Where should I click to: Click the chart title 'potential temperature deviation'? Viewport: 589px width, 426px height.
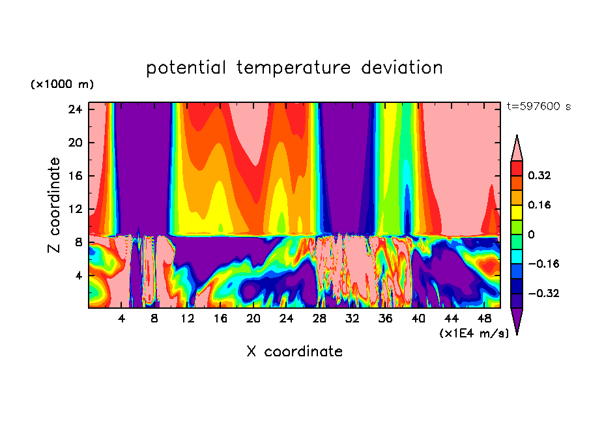coord(294,68)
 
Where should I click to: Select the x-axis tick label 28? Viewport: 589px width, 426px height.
coord(319,319)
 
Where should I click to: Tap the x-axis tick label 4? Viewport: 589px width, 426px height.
coord(121,319)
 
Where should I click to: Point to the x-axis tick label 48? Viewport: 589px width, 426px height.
coord(484,319)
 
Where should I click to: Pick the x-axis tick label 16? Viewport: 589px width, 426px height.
coord(220,319)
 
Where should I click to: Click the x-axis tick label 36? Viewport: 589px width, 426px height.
coord(385,319)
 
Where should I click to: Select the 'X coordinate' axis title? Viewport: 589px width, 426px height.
coord(294,352)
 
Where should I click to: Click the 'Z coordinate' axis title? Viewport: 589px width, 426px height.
coord(55,205)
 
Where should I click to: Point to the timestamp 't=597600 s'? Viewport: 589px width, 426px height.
coord(538,106)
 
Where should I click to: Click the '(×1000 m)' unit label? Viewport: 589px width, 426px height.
coord(62,85)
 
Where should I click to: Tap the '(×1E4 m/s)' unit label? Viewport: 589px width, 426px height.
coord(474,334)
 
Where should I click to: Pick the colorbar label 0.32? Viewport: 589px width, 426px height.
coord(541,175)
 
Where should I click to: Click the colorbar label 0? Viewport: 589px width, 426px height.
coord(532,234)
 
